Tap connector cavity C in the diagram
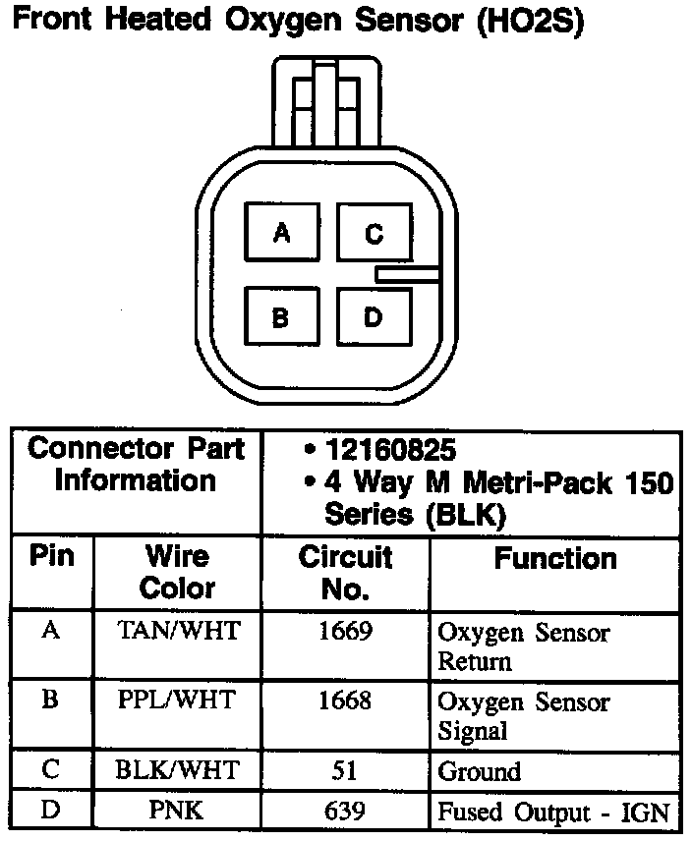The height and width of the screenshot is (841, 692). [374, 233]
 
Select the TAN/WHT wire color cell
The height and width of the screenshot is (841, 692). [178, 631]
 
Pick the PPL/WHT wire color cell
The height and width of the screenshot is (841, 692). [178, 701]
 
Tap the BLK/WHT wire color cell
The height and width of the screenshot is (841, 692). [178, 770]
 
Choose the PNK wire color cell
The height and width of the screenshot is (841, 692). [178, 812]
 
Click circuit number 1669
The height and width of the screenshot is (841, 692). [345, 631]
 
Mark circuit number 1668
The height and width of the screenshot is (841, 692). [345, 701]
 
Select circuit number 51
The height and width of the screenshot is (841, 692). [345, 770]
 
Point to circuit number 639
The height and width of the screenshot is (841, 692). [345, 812]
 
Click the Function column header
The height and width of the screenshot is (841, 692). [555, 559]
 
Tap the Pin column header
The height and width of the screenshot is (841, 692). [51, 557]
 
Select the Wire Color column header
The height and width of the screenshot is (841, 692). [178, 572]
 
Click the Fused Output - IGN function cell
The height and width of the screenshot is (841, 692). [553, 813]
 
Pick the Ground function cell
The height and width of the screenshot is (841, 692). [479, 771]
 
